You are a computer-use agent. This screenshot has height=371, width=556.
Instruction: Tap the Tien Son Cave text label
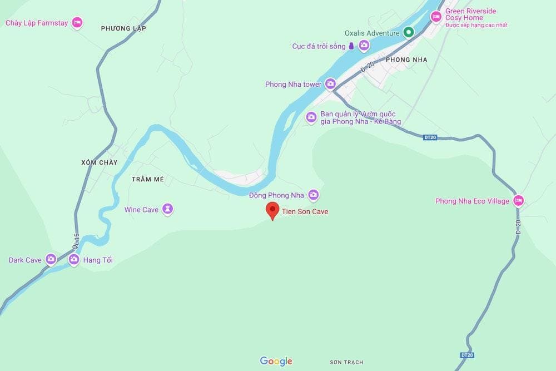(305, 211)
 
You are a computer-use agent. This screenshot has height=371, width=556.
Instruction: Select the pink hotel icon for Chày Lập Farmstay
(77, 23)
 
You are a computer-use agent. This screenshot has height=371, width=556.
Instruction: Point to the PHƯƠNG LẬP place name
(123, 28)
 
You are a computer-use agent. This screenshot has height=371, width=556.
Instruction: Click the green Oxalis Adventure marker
(409, 33)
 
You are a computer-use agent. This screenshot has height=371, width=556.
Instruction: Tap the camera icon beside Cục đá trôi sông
(364, 46)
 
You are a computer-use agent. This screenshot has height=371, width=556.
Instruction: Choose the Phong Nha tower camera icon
(330, 84)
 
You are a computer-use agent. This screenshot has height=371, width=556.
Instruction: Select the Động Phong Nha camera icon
(314, 195)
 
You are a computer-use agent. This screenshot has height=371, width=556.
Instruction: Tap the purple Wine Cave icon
(167, 209)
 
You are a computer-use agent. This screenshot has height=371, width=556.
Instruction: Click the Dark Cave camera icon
(51, 259)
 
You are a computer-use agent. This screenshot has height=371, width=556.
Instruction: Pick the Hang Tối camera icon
(73, 259)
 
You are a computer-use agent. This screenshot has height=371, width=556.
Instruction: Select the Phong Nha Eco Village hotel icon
(518, 201)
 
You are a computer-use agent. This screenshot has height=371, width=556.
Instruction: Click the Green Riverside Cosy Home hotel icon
(436, 17)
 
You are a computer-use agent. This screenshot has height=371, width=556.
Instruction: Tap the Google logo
(276, 362)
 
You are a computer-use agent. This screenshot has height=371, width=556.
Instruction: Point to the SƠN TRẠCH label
(346, 362)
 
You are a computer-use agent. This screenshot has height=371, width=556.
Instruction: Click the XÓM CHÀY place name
(100, 162)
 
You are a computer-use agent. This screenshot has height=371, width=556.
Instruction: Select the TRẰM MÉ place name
(148, 179)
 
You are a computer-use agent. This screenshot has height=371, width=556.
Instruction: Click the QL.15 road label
(76, 240)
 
